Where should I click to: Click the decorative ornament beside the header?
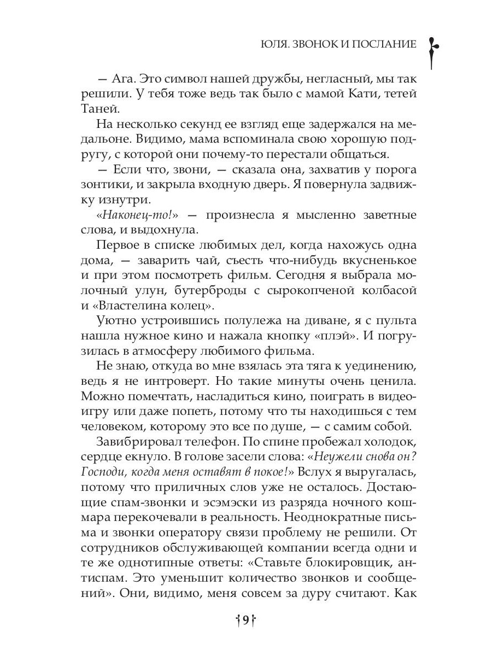(431, 52)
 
